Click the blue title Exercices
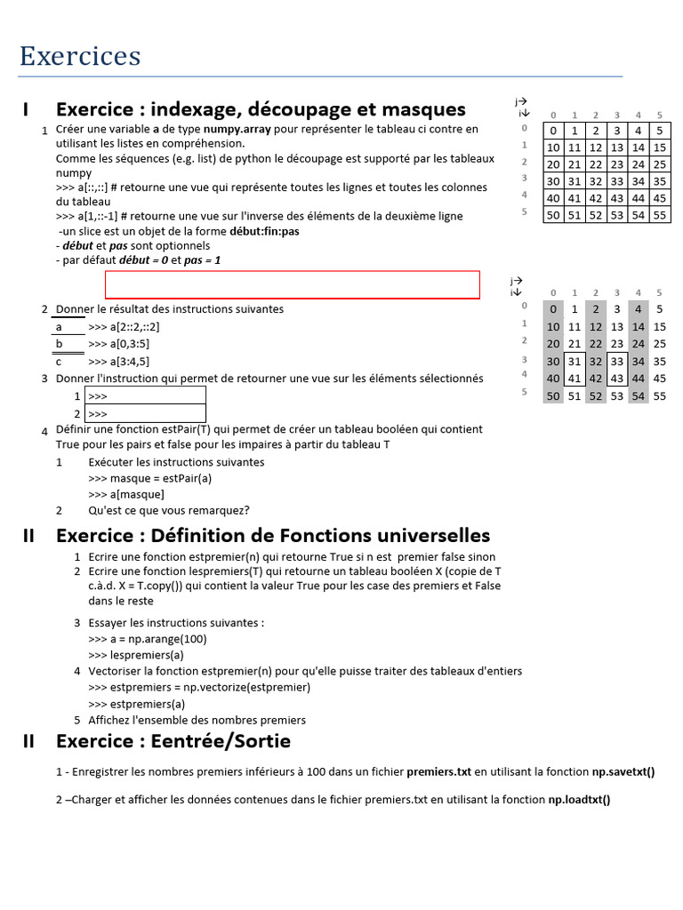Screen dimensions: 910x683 [x=80, y=56]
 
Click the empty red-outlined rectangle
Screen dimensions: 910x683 [x=293, y=284]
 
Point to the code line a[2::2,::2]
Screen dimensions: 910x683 [x=124, y=327]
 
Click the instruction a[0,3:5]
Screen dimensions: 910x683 [x=119, y=344]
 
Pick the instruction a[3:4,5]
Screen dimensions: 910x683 [x=119, y=361]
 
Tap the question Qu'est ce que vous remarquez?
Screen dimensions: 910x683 [x=169, y=510]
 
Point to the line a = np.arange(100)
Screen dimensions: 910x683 [x=148, y=639]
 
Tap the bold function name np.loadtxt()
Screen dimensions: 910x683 [x=579, y=800]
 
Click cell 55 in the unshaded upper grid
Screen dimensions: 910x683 [x=659, y=215]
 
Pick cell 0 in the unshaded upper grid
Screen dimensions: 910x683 [x=553, y=131]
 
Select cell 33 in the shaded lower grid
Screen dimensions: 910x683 [x=616, y=362]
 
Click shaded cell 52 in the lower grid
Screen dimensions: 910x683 [x=596, y=396]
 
